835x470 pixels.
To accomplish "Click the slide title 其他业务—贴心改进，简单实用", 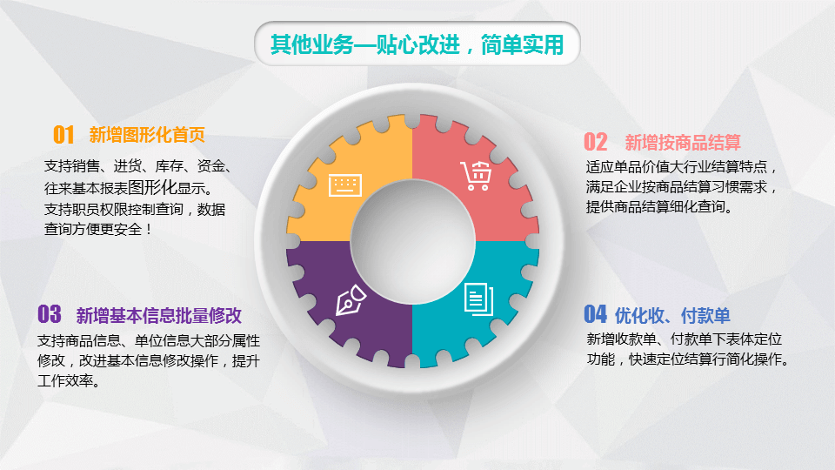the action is pos(417,44).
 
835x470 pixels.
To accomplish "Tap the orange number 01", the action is pos(63,135).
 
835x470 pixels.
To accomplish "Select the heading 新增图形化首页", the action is pos(147,135).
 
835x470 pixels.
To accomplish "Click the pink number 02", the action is pos(595,142).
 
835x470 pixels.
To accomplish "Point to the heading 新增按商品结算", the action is pos(683,142).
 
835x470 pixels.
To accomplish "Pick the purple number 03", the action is pos(49,314).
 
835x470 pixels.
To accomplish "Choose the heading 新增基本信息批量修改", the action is pos(158,315).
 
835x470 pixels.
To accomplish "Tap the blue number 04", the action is pos(595,314).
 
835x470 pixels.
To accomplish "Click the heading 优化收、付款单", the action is pos(672,315).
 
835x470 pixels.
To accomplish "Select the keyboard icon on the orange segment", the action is pos(345,185).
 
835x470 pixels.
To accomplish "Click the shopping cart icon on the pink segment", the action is pos(476,175).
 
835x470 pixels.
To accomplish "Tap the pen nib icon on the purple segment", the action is pos(351,300).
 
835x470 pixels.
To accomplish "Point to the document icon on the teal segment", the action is pos(478,299).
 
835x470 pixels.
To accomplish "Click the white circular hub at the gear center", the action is pos(412,241).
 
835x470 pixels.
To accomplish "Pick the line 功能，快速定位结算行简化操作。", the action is pos(688,359).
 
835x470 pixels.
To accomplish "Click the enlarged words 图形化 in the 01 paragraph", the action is pos(152,187).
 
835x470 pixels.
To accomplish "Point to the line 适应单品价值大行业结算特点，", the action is pos(682,167).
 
